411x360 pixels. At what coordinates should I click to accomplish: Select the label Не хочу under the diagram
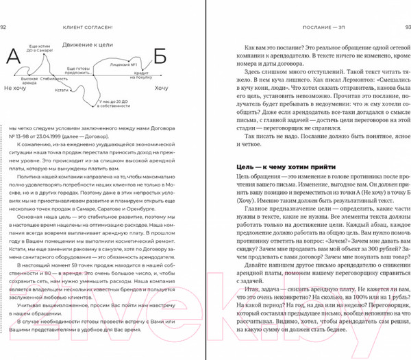[x=16, y=88]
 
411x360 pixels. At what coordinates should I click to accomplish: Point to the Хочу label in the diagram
[x=161, y=88]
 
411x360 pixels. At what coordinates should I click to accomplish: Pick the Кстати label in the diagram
[x=62, y=90]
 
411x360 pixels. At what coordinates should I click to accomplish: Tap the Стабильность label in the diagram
[x=53, y=79]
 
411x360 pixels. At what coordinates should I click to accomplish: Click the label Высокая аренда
[x=29, y=82]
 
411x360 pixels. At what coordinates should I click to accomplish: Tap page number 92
[x=5, y=8]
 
